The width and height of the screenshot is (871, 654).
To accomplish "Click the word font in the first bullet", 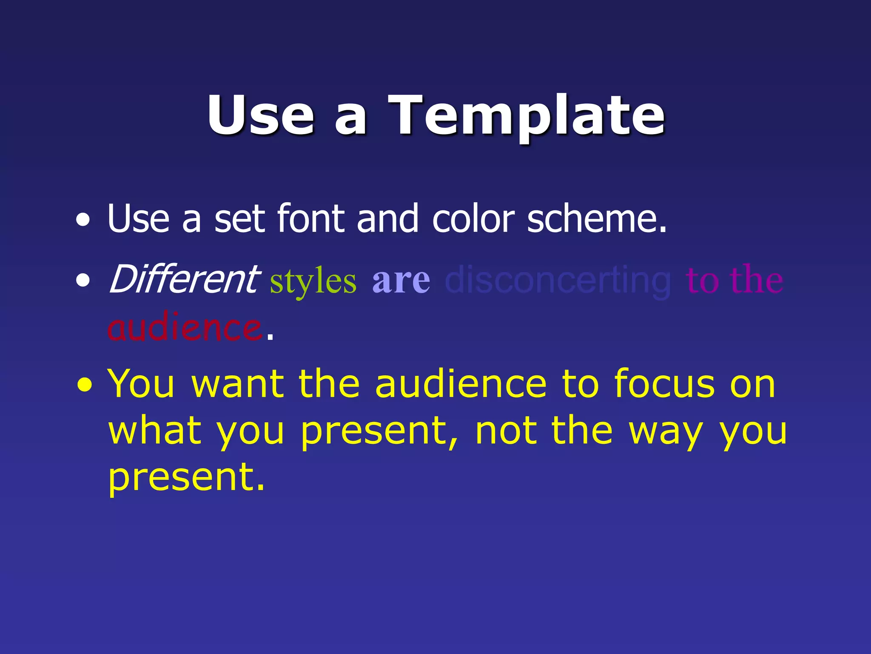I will [311, 218].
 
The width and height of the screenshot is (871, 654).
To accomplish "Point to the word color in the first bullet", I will [473, 218].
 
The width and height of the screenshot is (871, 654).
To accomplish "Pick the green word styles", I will [313, 281].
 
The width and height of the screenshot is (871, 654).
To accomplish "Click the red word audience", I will [185, 328].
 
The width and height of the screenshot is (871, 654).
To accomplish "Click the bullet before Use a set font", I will [83, 220].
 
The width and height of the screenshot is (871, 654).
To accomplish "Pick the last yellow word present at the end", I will [186, 478].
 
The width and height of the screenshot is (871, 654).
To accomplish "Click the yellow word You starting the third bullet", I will [141, 384].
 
